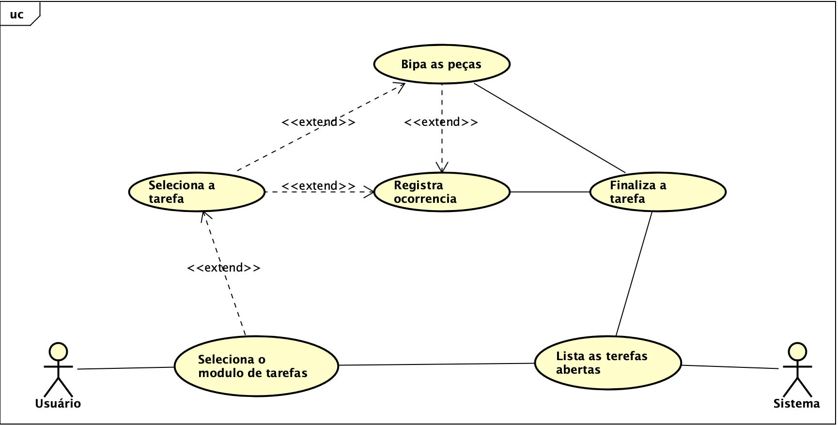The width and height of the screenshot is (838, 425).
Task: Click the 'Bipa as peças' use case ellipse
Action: click(441, 64)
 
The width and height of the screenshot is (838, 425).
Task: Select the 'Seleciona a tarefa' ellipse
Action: click(197, 192)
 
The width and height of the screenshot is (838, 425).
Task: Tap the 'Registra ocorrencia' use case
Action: click(442, 192)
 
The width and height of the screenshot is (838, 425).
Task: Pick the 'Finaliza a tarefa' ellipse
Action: click(657, 192)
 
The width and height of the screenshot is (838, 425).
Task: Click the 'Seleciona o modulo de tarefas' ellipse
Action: click(256, 366)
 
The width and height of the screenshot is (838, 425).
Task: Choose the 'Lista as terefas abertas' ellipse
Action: click(608, 363)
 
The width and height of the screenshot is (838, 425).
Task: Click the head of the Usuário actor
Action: click(58, 351)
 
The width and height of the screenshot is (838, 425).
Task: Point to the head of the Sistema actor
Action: click(797, 351)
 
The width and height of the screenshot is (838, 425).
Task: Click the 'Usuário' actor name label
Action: click(58, 404)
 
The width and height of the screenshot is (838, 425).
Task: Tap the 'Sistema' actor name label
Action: click(796, 404)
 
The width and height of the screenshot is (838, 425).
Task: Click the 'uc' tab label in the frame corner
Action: click(17, 15)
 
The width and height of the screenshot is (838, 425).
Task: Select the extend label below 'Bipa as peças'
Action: click(441, 122)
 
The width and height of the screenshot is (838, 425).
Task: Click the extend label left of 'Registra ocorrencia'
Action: click(318, 186)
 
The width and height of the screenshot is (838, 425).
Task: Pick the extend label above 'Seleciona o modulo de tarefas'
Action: click(224, 268)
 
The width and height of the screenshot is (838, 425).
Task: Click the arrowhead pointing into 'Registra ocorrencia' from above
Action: click(442, 168)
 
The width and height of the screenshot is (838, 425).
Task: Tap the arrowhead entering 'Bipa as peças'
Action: click(400, 87)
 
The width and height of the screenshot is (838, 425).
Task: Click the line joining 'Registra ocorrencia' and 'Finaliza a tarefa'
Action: click(550, 192)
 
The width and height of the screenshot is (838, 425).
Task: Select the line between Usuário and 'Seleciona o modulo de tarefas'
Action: click(126, 368)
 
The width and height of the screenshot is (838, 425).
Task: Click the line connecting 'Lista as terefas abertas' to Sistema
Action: click(729, 367)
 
